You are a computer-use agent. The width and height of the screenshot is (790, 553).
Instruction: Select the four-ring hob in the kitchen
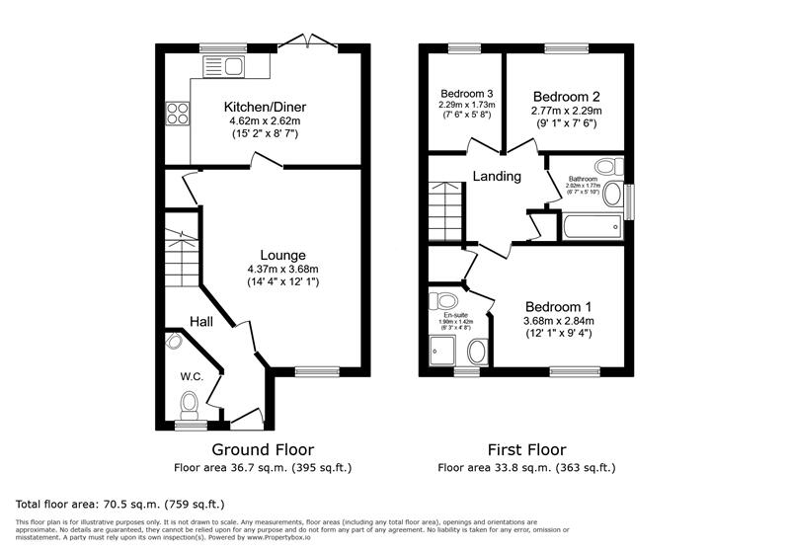point(178,114)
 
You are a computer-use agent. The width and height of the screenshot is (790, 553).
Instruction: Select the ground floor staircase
point(182,259)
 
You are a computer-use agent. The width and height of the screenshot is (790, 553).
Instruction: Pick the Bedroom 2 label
point(567,97)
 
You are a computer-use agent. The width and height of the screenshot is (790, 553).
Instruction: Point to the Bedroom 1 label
point(559,306)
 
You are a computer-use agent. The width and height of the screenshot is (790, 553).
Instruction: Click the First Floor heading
point(527,450)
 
